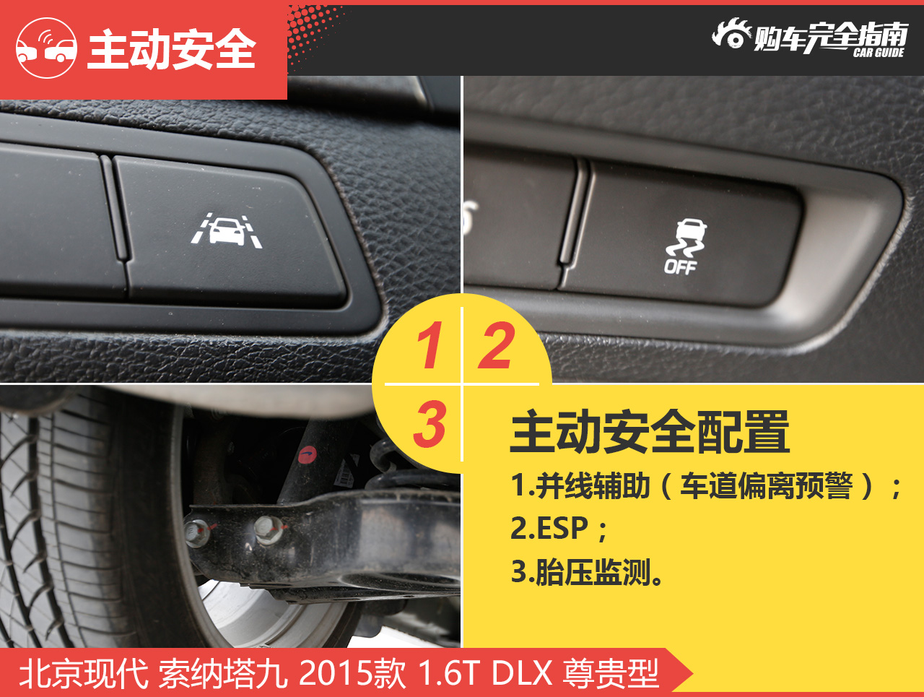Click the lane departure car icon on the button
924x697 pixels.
pyautogui.click(x=227, y=230)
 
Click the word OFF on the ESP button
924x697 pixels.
pyautogui.click(x=680, y=267)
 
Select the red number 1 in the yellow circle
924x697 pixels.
pyautogui.click(x=430, y=345)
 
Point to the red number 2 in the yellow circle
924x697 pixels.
pyautogui.click(x=497, y=345)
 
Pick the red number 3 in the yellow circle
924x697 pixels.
pyautogui.click(x=430, y=423)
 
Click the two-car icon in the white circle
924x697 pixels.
pyautogui.click(x=46, y=48)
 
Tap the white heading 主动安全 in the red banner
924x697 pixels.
pyautogui.click(x=171, y=49)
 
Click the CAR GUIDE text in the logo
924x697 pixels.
pyautogui.click(x=879, y=53)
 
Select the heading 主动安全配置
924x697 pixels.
pyautogui.click(x=650, y=432)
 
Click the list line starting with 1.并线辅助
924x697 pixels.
pyautogui.click(x=706, y=486)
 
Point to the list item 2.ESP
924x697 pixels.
pyautogui.click(x=559, y=528)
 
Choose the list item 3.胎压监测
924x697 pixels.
pyautogui.click(x=586, y=572)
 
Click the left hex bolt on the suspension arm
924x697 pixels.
pyautogui.click(x=196, y=534)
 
